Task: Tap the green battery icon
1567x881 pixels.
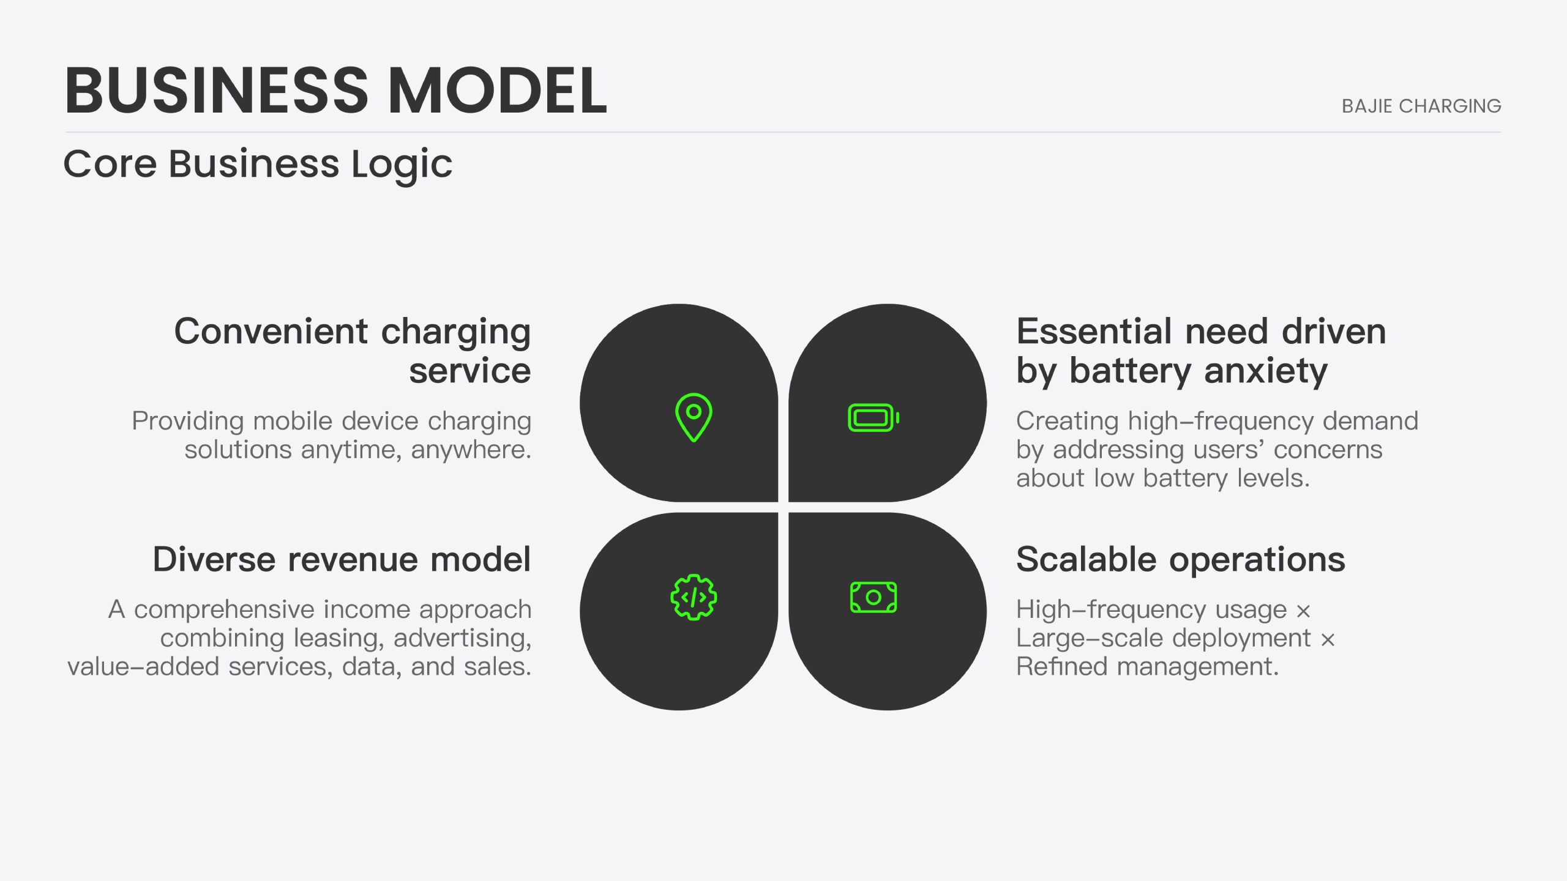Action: point(873,418)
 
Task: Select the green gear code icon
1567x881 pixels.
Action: point(694,597)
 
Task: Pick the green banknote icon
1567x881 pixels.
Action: point(873,597)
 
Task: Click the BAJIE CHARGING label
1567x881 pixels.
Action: point(1421,106)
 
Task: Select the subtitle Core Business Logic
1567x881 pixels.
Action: point(258,165)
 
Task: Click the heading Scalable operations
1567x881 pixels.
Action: point(1181,559)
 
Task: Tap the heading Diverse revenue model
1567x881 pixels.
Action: point(342,559)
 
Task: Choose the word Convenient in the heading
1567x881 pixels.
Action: point(271,332)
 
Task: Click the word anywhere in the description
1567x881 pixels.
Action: point(471,450)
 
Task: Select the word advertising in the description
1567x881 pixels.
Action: point(462,638)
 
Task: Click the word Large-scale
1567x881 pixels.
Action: point(1089,638)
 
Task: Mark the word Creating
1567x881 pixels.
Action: point(1068,422)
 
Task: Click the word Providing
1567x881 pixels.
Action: point(188,422)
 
